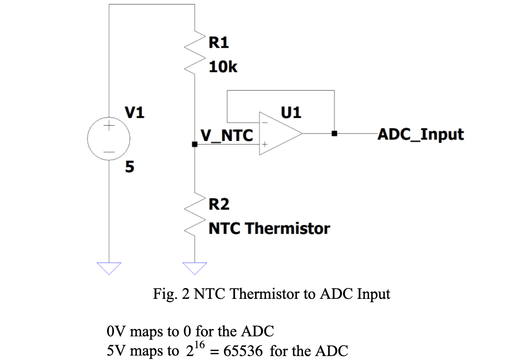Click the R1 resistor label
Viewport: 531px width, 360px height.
coord(219,43)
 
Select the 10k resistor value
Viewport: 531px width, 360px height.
coord(223,67)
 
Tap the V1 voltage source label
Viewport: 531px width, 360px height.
coord(134,114)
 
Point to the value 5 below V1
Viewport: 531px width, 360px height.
coord(129,167)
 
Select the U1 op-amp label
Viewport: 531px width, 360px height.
coord(291,113)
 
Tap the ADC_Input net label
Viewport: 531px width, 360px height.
coord(420,134)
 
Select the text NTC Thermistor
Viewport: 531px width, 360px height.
coord(269,228)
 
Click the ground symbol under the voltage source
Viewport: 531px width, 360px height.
coord(109,268)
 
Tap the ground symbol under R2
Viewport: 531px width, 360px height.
coord(195,268)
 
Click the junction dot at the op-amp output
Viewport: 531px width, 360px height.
coord(335,133)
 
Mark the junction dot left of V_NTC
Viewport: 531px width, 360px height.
coord(195,144)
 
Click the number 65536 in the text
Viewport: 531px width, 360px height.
coord(245,352)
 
